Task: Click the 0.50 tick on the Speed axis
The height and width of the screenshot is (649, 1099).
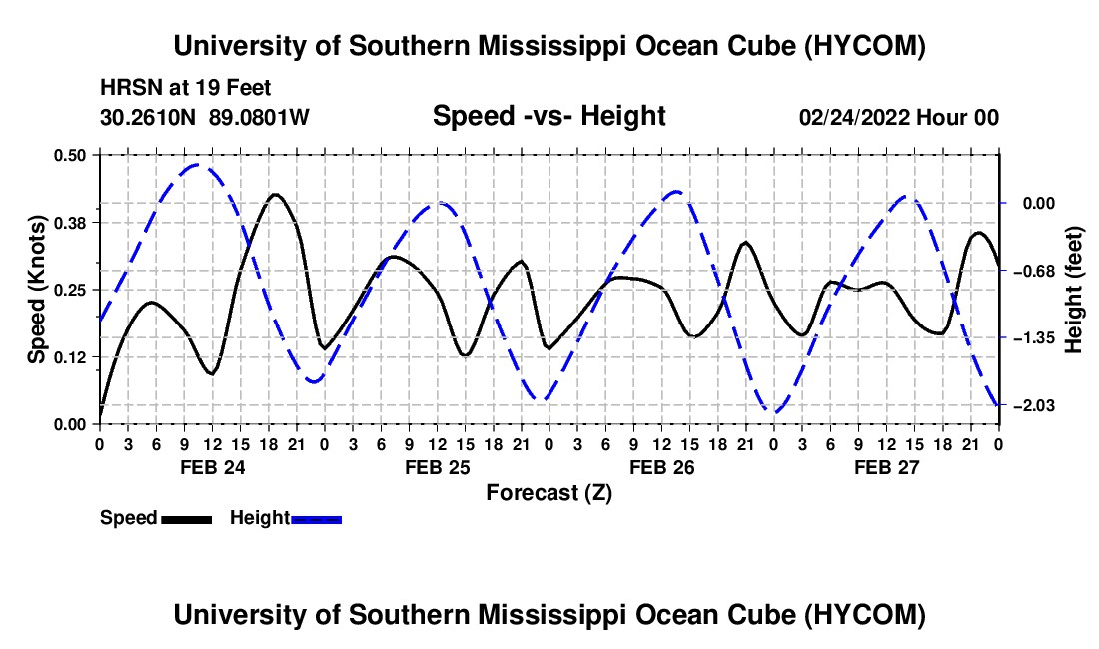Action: (x=69, y=155)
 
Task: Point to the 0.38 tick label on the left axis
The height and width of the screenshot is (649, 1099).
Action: (x=69, y=223)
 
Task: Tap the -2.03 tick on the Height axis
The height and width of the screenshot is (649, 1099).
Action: (x=1038, y=406)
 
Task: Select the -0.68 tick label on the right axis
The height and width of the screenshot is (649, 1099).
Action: (x=1038, y=271)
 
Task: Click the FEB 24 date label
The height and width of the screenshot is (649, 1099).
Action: (x=213, y=467)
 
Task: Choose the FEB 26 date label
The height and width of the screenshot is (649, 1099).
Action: (x=661, y=467)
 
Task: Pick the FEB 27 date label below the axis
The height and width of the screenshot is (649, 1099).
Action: (x=886, y=467)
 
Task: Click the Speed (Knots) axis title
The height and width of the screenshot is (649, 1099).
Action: (x=36, y=290)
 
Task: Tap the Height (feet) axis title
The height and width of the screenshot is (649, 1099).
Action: (x=1074, y=290)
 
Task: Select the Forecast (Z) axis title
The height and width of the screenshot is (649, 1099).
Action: (x=549, y=493)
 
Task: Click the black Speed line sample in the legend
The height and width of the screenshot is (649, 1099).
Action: (x=187, y=519)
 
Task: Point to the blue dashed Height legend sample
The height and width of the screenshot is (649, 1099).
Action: (x=316, y=519)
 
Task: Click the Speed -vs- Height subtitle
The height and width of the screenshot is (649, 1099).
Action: (x=549, y=116)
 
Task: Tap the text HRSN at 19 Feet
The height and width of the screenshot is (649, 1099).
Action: (x=185, y=88)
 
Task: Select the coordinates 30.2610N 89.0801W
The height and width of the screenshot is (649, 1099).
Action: (x=204, y=117)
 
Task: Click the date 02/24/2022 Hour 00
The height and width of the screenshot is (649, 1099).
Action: (x=898, y=117)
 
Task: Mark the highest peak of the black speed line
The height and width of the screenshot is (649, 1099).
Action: (x=275, y=194)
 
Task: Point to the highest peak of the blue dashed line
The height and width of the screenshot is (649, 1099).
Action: (x=198, y=165)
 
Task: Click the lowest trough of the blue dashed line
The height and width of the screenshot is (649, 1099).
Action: (x=773, y=411)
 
